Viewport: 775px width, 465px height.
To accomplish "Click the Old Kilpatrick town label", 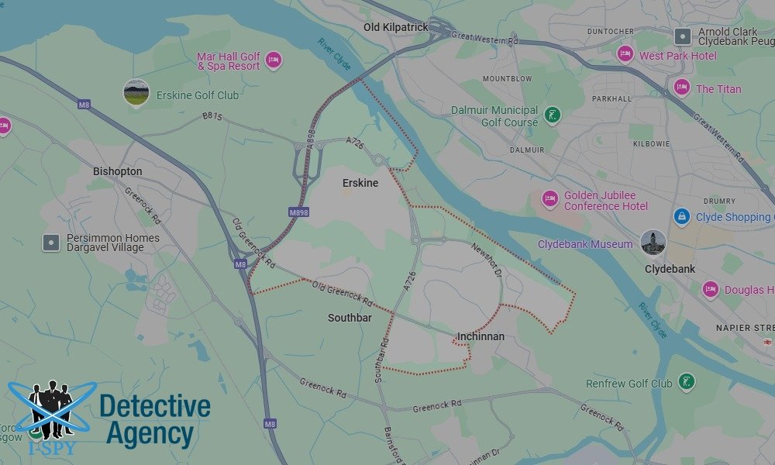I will pyautogui.click(x=395, y=27).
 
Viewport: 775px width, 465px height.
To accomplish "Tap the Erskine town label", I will pyautogui.click(x=360, y=183).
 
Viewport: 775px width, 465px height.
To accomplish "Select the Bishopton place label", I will pyautogui.click(x=117, y=170).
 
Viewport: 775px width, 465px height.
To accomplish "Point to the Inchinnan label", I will pyautogui.click(x=480, y=336).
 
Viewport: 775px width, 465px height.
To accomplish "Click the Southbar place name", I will pyautogui.click(x=350, y=318).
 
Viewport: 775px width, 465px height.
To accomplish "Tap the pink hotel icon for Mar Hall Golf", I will pyautogui.click(x=273, y=60).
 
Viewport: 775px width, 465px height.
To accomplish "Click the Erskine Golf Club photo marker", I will pyautogui.click(x=136, y=92).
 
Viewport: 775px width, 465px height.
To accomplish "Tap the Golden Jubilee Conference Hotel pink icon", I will pyautogui.click(x=550, y=200).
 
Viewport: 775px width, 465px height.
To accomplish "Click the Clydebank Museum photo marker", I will pyautogui.click(x=653, y=242).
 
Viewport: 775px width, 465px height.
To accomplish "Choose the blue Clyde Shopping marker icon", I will pyautogui.click(x=682, y=217).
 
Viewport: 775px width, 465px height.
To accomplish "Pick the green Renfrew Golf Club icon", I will pyautogui.click(x=686, y=382).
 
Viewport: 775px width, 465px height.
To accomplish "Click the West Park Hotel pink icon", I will pyautogui.click(x=625, y=54).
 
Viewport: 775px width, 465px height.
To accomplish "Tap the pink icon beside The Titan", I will pyautogui.click(x=682, y=88).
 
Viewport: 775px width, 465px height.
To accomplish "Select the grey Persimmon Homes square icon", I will pyautogui.click(x=51, y=243).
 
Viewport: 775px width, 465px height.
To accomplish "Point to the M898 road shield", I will pyautogui.click(x=299, y=212).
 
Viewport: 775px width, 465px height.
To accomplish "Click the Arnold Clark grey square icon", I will pyautogui.click(x=682, y=36).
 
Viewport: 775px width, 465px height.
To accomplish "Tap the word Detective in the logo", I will pyautogui.click(x=155, y=406).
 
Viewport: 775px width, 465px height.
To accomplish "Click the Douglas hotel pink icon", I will pyautogui.click(x=710, y=290).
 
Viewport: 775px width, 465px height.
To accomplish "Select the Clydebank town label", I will pyautogui.click(x=670, y=269).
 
